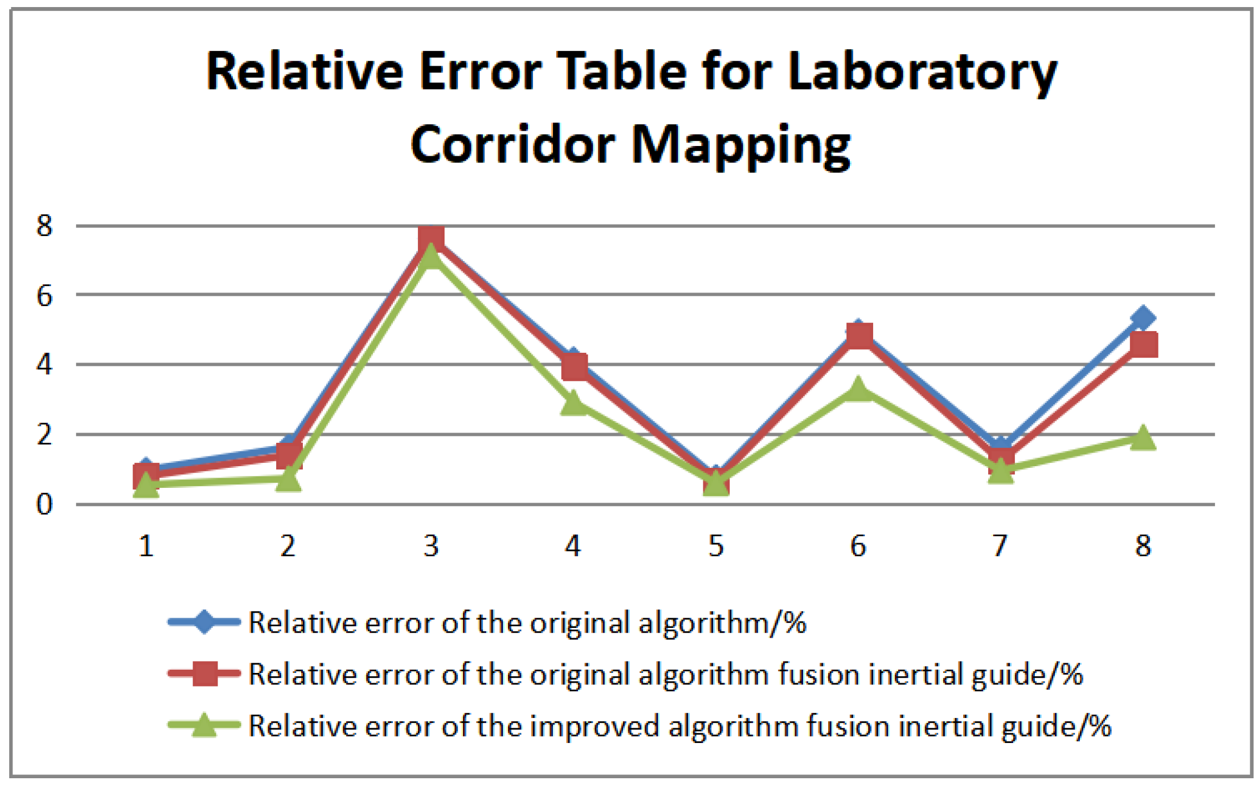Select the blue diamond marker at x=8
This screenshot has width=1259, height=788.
[x=1143, y=318]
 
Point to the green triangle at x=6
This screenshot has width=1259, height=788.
[x=859, y=390]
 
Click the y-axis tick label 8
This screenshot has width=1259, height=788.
[x=44, y=226]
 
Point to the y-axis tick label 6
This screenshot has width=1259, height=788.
[x=44, y=296]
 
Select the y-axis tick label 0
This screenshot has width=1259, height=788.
[x=44, y=505]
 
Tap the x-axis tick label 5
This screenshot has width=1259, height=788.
[x=716, y=546]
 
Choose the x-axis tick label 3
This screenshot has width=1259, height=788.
[x=431, y=546]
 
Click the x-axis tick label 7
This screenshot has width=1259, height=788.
[x=1000, y=546]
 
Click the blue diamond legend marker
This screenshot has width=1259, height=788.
[x=204, y=622]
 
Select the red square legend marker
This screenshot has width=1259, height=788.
[x=205, y=673]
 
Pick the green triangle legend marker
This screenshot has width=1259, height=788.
[x=204, y=725]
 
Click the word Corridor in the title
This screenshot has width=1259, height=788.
[x=512, y=144]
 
